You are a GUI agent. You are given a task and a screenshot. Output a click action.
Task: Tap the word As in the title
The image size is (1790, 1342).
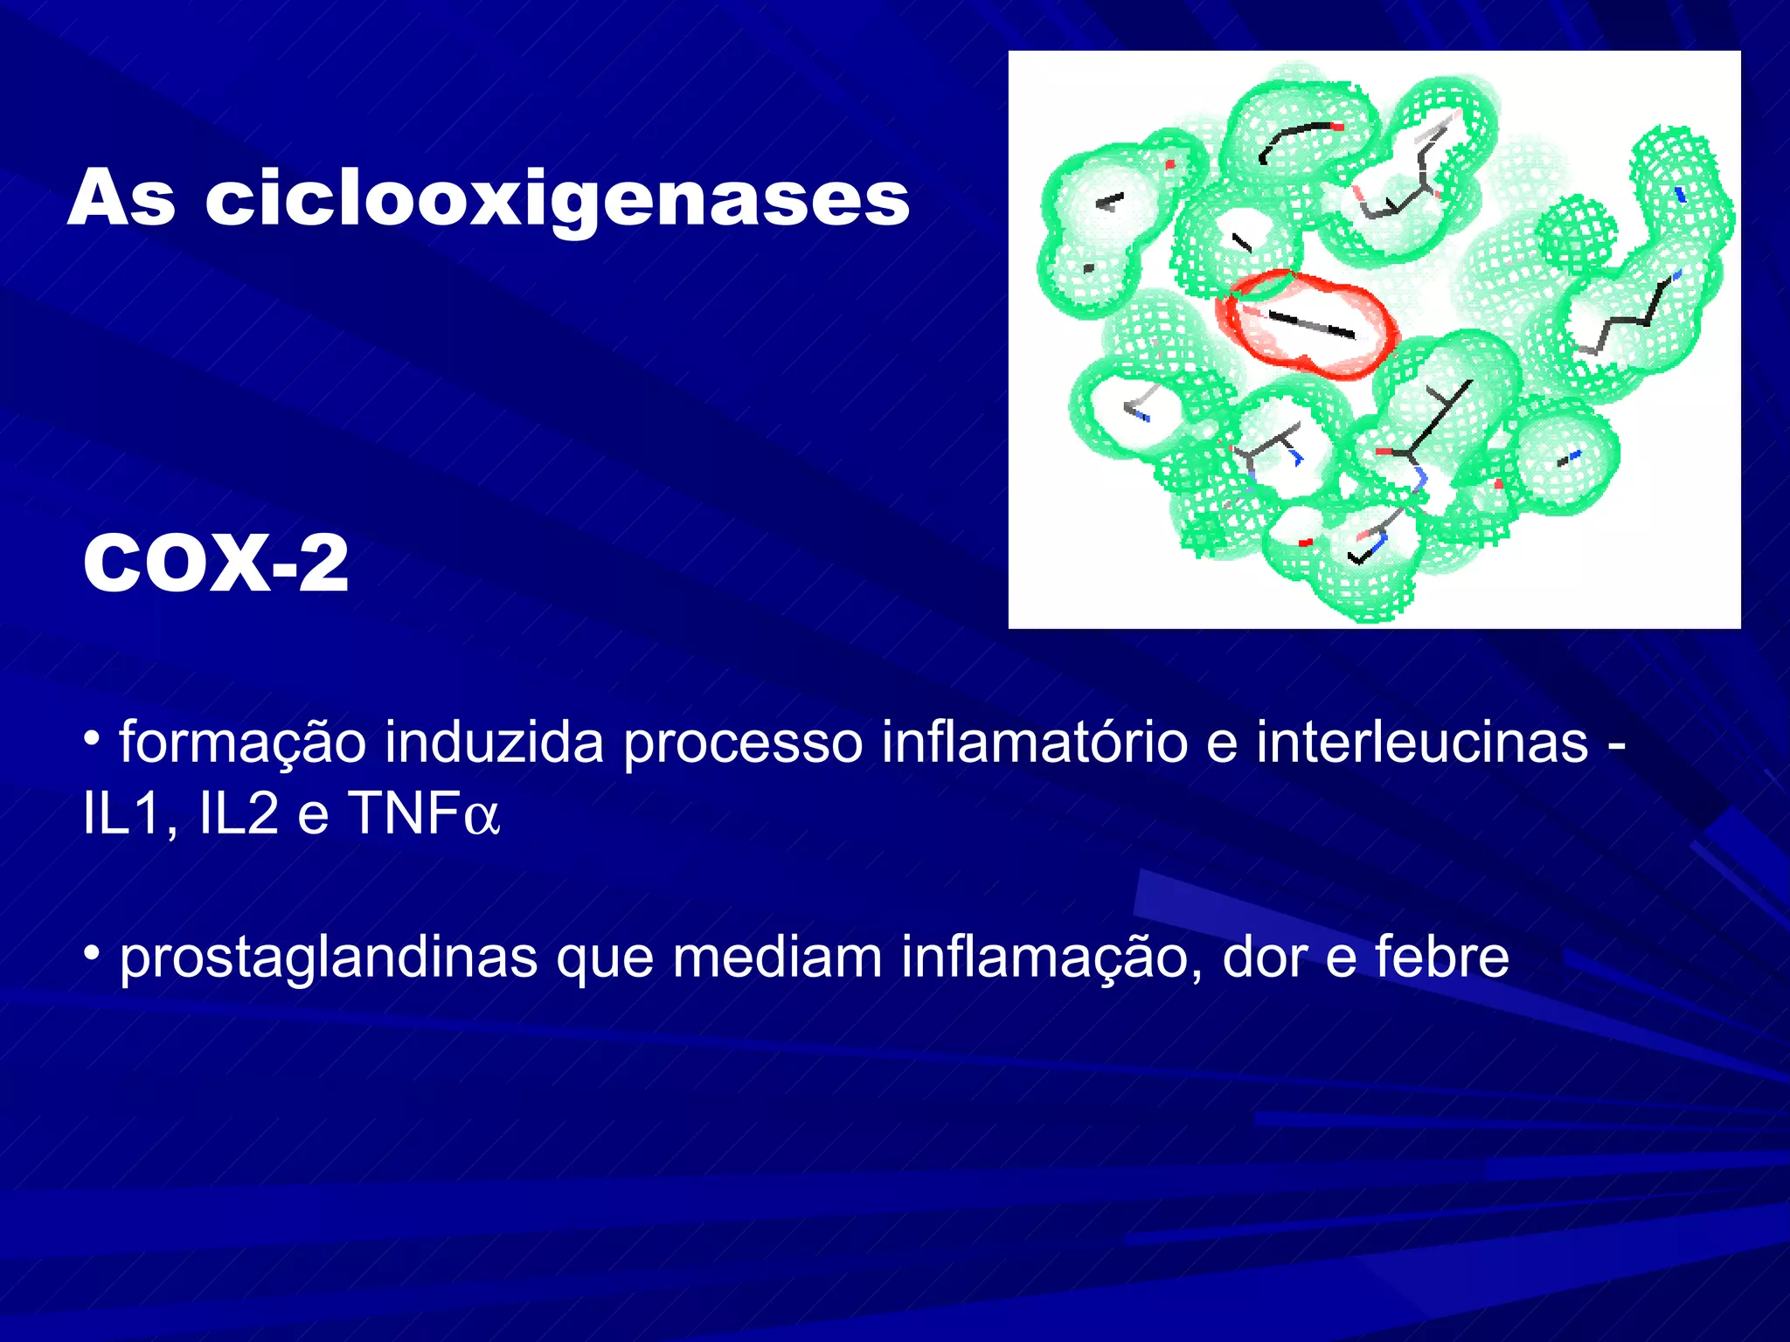121,199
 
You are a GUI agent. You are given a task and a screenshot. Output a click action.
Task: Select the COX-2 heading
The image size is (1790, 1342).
216,564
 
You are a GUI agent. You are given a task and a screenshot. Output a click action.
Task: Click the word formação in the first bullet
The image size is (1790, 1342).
242,744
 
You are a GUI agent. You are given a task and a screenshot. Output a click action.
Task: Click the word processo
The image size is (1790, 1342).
742,744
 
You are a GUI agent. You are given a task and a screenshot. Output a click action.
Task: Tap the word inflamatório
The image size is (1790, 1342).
1034,744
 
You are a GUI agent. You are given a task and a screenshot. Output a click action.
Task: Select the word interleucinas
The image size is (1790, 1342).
1422,744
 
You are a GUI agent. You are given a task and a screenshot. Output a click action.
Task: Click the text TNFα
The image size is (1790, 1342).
424,814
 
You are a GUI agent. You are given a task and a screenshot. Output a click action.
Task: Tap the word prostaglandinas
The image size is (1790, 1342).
329,958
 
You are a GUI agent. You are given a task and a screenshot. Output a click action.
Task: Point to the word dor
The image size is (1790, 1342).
1264,958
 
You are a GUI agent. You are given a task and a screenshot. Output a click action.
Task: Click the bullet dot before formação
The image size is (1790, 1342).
91,739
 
